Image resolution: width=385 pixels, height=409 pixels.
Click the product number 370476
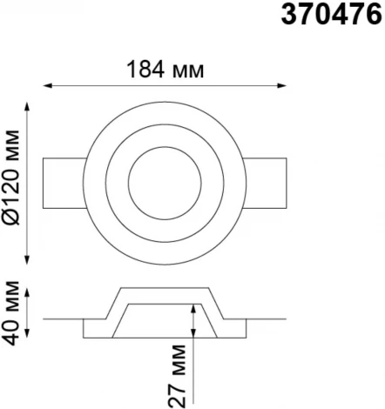point(331,15)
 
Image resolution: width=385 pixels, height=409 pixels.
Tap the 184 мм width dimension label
point(165,70)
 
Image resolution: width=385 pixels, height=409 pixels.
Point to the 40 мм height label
point(10,313)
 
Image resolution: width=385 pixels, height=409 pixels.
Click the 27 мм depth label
point(177,376)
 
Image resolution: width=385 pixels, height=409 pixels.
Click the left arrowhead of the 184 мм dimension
point(47,85)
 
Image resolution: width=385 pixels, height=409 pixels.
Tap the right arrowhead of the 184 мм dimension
point(282,85)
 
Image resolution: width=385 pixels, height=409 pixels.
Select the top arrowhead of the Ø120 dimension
point(27,106)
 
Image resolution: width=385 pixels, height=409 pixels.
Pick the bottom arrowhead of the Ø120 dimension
point(27,260)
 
